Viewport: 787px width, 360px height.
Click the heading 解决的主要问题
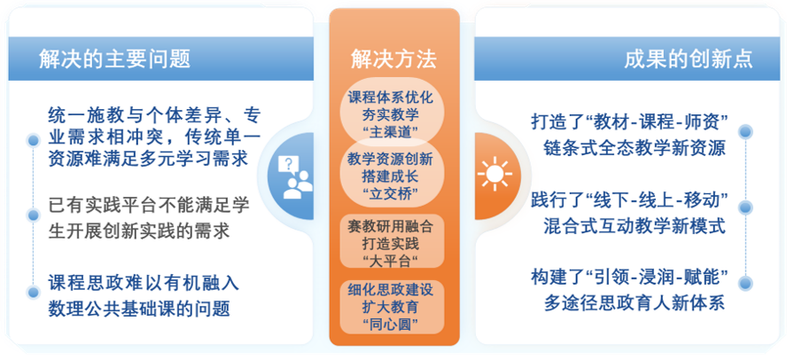point(115,59)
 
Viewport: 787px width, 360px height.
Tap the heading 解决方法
point(393,60)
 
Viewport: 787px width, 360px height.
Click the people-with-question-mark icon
point(296,176)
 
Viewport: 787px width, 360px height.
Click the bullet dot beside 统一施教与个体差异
point(33,138)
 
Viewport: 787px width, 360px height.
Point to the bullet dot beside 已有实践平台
point(33,215)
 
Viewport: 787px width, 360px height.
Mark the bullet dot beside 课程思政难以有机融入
point(33,291)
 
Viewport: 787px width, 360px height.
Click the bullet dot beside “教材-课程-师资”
point(745,131)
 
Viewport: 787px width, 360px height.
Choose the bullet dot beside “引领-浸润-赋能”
point(745,283)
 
